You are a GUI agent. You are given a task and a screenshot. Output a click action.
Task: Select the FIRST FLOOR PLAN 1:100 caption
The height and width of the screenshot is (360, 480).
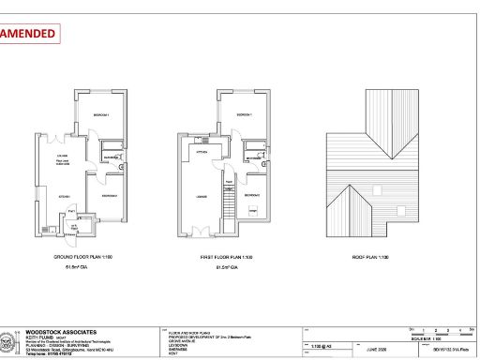[222, 255]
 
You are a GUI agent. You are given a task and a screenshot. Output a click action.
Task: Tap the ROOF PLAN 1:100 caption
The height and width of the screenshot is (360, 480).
[371, 255]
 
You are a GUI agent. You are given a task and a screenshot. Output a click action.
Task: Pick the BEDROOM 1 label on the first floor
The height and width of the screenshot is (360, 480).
[242, 113]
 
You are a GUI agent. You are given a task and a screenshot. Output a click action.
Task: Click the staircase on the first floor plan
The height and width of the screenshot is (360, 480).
[228, 201]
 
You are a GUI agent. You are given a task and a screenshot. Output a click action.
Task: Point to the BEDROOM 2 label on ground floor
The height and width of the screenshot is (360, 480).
[109, 195]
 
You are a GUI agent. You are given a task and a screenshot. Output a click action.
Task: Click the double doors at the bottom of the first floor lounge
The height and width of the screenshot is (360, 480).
[198, 230]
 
